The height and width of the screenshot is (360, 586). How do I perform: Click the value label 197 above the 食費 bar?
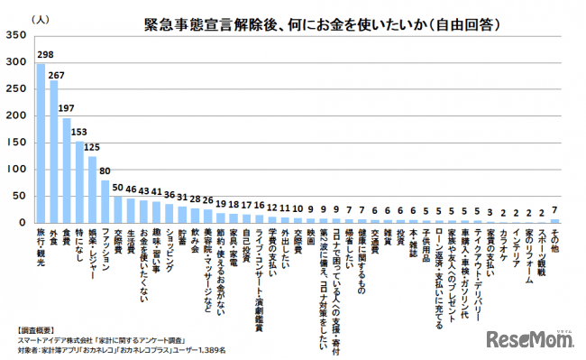(x=66, y=108)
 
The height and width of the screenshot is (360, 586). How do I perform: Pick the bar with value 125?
(x=92, y=189)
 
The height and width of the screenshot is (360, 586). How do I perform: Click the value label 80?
(x=105, y=171)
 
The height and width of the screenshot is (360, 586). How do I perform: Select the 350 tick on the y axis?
(x=16, y=36)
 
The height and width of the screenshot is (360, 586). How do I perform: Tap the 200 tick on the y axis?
(x=16, y=116)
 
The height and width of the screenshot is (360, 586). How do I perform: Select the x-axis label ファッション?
(x=105, y=251)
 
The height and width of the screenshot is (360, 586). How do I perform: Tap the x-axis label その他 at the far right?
(x=554, y=242)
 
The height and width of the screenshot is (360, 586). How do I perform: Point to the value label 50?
(x=117, y=187)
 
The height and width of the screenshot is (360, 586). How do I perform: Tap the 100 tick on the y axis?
(x=16, y=170)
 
